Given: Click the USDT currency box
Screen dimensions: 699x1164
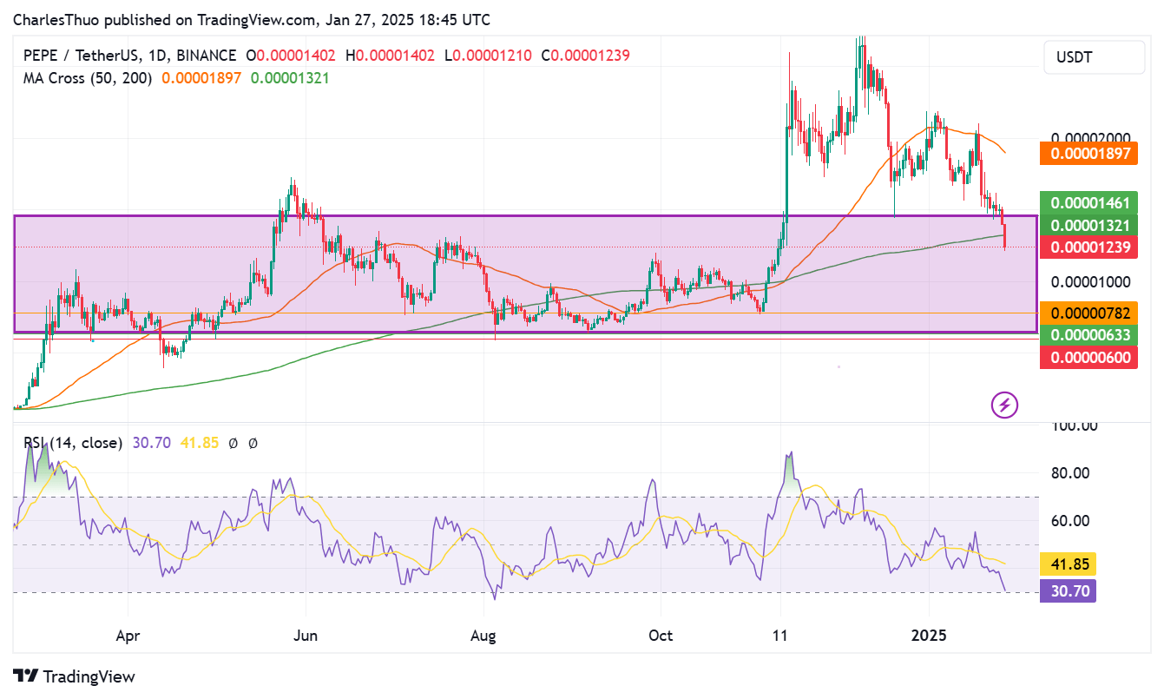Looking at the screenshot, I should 1094,58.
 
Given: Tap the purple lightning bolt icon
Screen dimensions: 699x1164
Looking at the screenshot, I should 1004,404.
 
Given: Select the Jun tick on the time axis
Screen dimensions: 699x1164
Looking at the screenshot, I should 306,635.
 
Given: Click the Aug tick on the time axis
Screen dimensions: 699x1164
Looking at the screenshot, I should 483,635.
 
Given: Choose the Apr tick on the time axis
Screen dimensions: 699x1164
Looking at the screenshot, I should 128,635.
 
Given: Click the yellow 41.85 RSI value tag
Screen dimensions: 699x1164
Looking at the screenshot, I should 1069,563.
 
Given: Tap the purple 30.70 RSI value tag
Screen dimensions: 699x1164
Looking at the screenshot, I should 1069,590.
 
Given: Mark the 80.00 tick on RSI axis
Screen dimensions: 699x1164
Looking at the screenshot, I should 1075,473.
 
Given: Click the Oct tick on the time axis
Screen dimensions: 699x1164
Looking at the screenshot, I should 661,635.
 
